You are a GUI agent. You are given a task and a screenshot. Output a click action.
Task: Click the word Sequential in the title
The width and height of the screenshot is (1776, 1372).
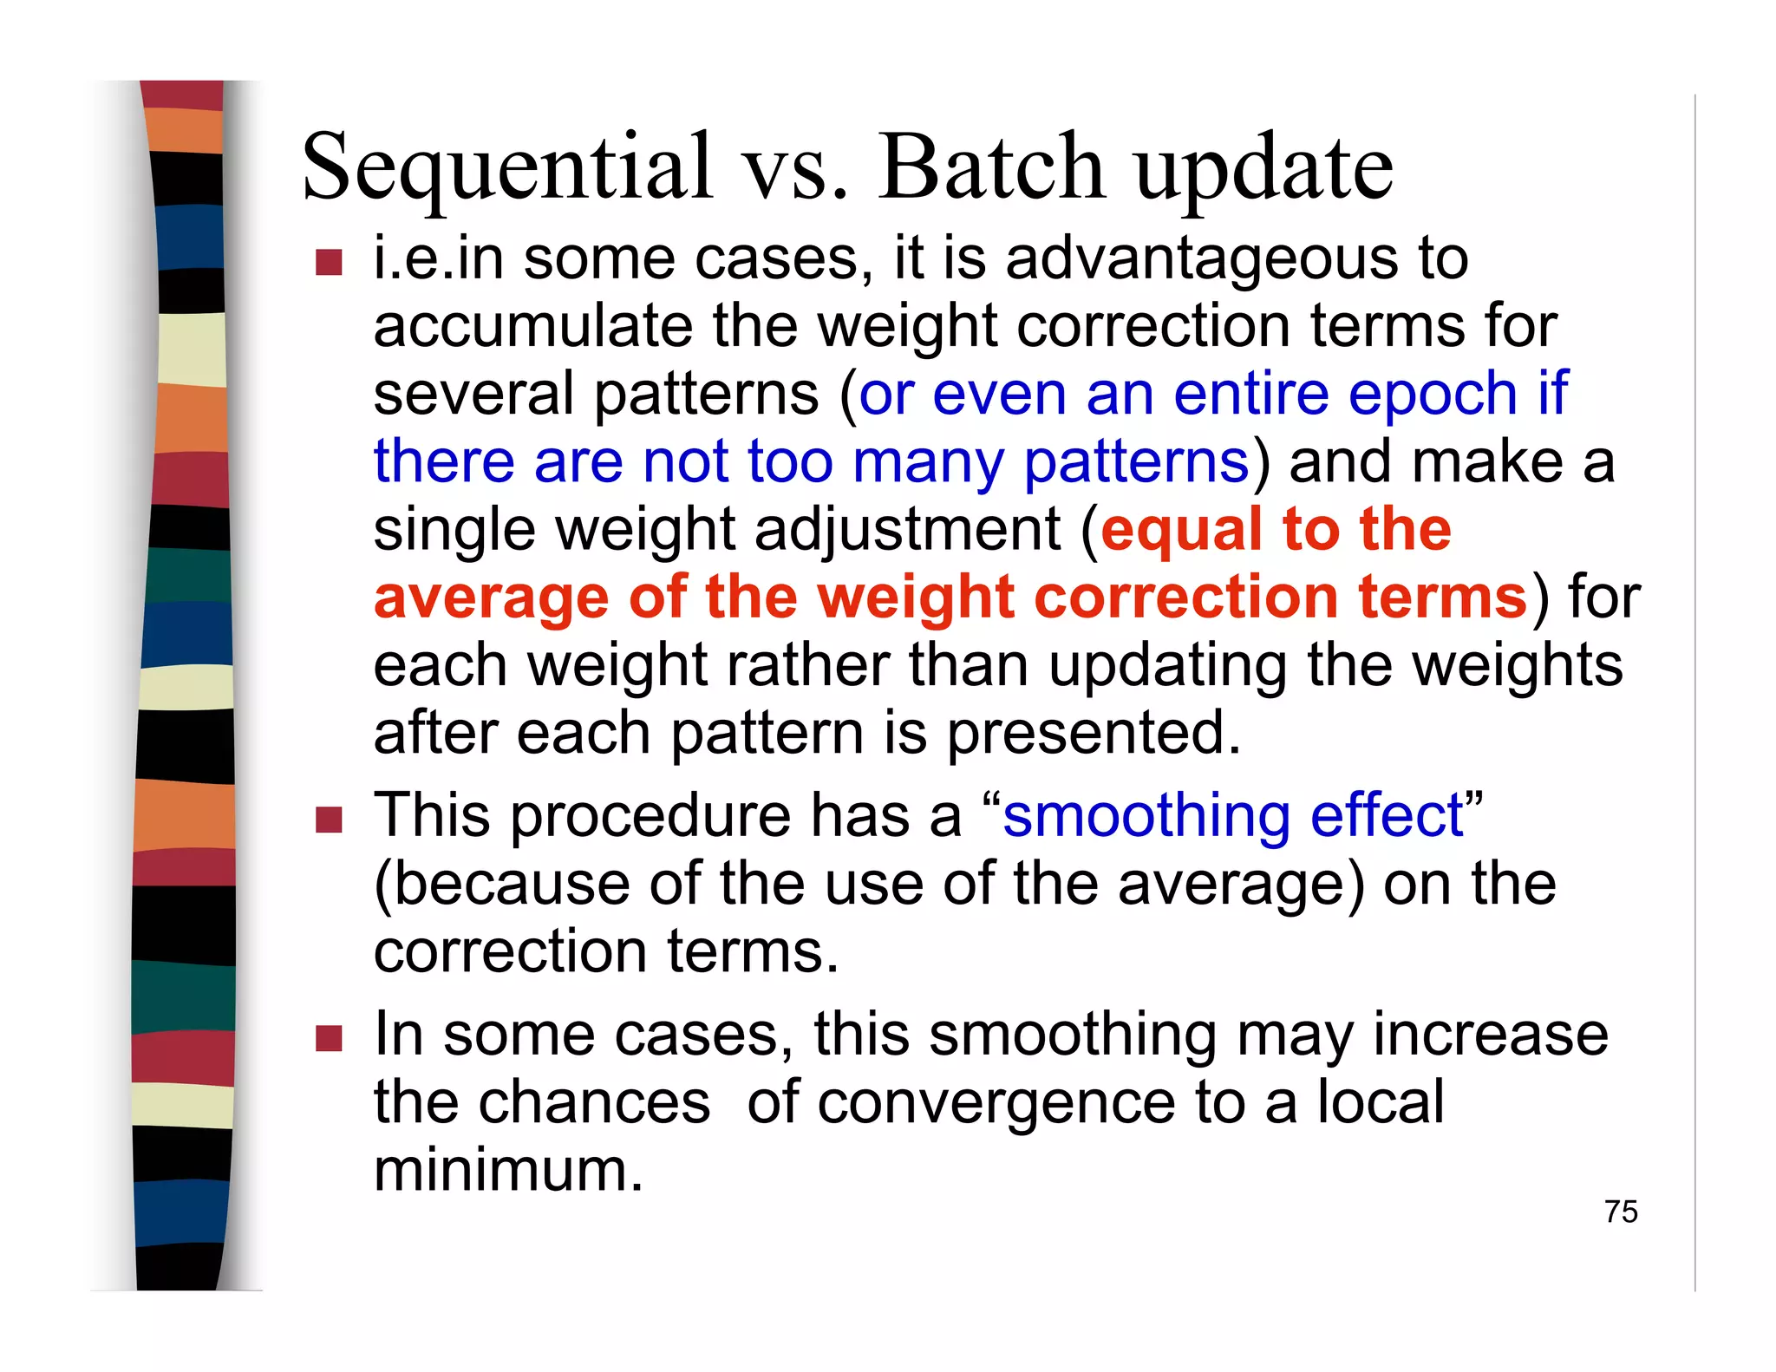pyautogui.click(x=507, y=167)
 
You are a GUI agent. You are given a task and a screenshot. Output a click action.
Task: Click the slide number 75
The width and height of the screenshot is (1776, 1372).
pyautogui.click(x=1620, y=1212)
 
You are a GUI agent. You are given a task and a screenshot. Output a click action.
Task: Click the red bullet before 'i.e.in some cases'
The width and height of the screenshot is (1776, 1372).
pyautogui.click(x=330, y=262)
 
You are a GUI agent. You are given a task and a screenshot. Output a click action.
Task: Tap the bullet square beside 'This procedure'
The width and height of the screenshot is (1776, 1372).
pyautogui.click(x=330, y=819)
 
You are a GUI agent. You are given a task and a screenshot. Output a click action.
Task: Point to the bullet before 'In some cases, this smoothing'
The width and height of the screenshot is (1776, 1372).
pyautogui.click(x=330, y=1037)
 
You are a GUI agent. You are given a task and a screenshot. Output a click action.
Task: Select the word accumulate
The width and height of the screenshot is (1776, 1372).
pyautogui.click(x=533, y=327)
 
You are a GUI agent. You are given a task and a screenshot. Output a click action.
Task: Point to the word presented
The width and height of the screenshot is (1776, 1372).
pyautogui.click(x=1093, y=735)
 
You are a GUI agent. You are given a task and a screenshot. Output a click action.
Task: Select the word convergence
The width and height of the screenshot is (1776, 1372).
pyautogui.click(x=994, y=1103)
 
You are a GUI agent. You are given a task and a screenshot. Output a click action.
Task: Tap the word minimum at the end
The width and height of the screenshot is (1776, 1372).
pyautogui.click(x=508, y=1171)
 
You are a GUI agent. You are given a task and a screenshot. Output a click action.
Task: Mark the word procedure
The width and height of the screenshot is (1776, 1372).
pyautogui.click(x=650, y=818)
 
